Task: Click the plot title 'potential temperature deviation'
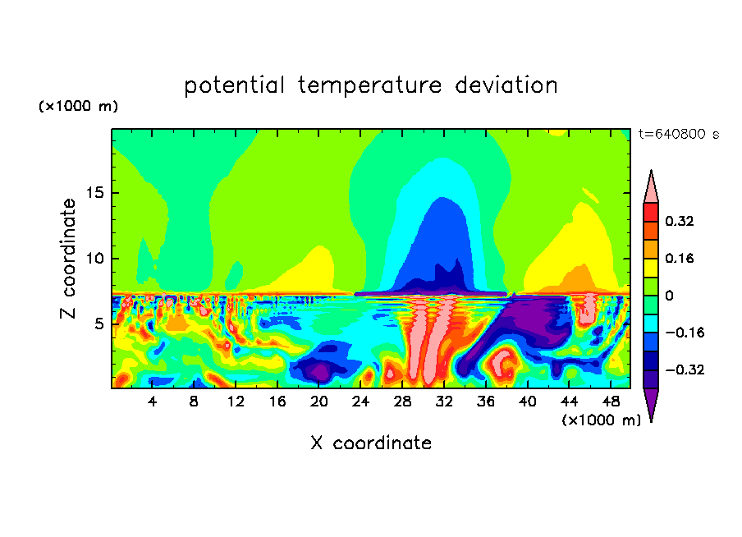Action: click(x=371, y=85)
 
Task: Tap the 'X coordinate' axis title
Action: click(x=371, y=443)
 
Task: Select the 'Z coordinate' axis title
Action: click(x=69, y=259)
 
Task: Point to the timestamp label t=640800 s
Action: click(x=679, y=134)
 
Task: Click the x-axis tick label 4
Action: click(x=153, y=402)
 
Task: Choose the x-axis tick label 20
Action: click(x=319, y=402)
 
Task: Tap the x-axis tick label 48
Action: click(x=611, y=402)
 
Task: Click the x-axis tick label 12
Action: click(x=236, y=402)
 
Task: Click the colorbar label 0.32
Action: click(x=680, y=221)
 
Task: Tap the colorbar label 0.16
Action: click(x=680, y=258)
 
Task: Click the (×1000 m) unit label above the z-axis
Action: click(x=78, y=107)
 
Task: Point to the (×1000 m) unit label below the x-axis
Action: click(x=602, y=420)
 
